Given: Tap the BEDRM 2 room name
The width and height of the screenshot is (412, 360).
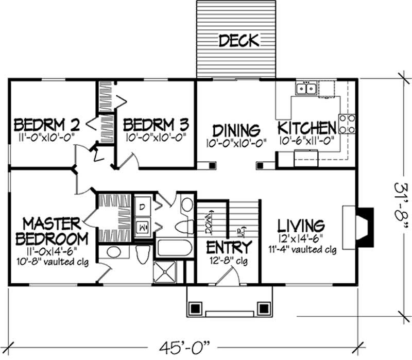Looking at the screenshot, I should pos(47,125).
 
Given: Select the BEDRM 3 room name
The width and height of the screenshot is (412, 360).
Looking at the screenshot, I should pos(156,125).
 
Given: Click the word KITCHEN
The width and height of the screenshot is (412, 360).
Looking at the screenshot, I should pos(307,128).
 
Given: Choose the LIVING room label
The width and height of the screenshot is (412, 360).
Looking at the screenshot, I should pos(301,226).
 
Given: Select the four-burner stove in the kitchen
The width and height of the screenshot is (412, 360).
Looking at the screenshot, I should pos(347,124).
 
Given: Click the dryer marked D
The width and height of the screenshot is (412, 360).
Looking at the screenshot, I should pos(143,207).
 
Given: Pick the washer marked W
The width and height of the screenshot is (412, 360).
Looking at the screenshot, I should pos(143,225).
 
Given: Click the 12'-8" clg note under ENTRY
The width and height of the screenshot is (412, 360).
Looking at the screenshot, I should pos(229,262).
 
